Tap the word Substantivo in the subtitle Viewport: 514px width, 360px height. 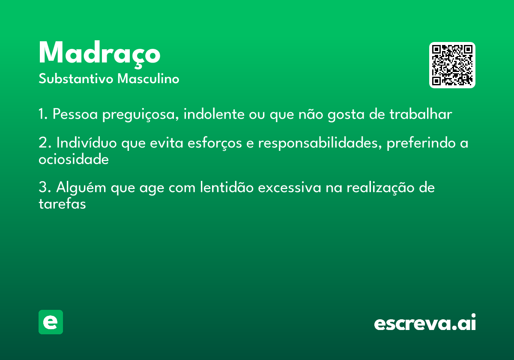76,79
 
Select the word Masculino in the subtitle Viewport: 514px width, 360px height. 148,78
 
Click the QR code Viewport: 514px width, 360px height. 452,65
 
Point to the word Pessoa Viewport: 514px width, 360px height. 75,114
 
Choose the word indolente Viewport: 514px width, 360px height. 214,114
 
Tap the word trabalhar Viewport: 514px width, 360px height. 421,114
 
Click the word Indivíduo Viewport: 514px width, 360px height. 87,143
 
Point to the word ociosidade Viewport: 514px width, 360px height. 74,159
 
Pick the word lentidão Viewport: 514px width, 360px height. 227,187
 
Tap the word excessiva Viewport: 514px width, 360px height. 290,188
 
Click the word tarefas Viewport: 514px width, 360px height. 62,204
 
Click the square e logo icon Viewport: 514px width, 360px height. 51,322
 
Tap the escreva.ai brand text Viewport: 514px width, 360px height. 425,322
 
